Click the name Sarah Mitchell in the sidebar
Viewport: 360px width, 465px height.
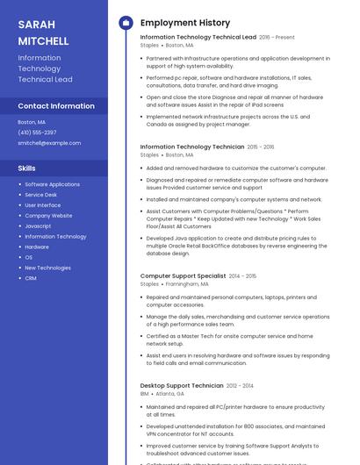pyautogui.click(x=43, y=32)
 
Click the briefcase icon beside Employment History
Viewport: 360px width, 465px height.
pyautogui.click(x=126, y=23)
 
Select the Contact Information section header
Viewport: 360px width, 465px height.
pyautogui.click(x=56, y=106)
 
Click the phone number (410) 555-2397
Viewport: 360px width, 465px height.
pyautogui.click(x=37, y=132)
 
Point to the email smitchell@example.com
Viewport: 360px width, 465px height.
pyautogui.click(x=49, y=143)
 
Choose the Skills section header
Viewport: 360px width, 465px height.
pyautogui.click(x=27, y=168)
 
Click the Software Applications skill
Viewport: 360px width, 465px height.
pyautogui.click(x=52, y=184)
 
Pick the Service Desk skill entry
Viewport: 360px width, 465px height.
pyautogui.click(x=40, y=195)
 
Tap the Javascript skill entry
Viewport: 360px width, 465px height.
pyautogui.click(x=38, y=226)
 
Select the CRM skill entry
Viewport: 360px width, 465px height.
pyautogui.click(x=31, y=278)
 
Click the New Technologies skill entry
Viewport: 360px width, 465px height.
pyautogui.click(x=47, y=268)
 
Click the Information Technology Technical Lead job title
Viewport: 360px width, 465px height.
pyautogui.click(x=198, y=38)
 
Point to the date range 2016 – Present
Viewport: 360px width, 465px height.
pyautogui.click(x=277, y=38)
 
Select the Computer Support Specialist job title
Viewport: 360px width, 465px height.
pyautogui.click(x=183, y=276)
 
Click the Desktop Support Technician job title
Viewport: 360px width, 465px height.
pyautogui.click(x=182, y=386)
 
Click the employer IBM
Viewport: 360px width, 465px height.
pyautogui.click(x=145, y=394)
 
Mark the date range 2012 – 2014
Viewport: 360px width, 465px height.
pyautogui.click(x=240, y=386)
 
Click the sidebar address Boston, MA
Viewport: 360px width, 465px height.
pyautogui.click(x=32, y=122)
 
